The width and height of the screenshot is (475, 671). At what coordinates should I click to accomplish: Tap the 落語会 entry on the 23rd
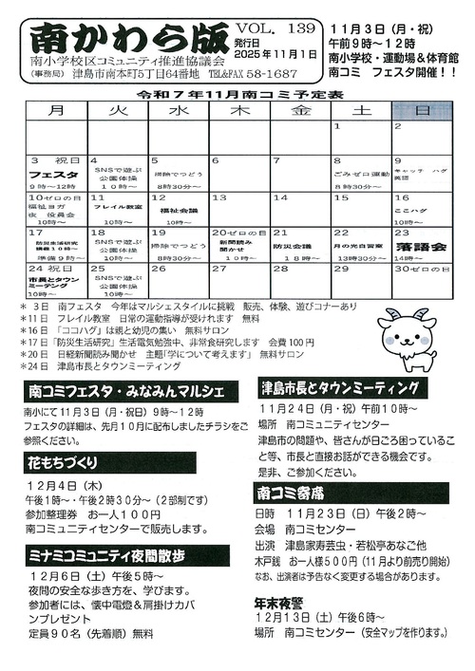pyautogui.click(x=421, y=246)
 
